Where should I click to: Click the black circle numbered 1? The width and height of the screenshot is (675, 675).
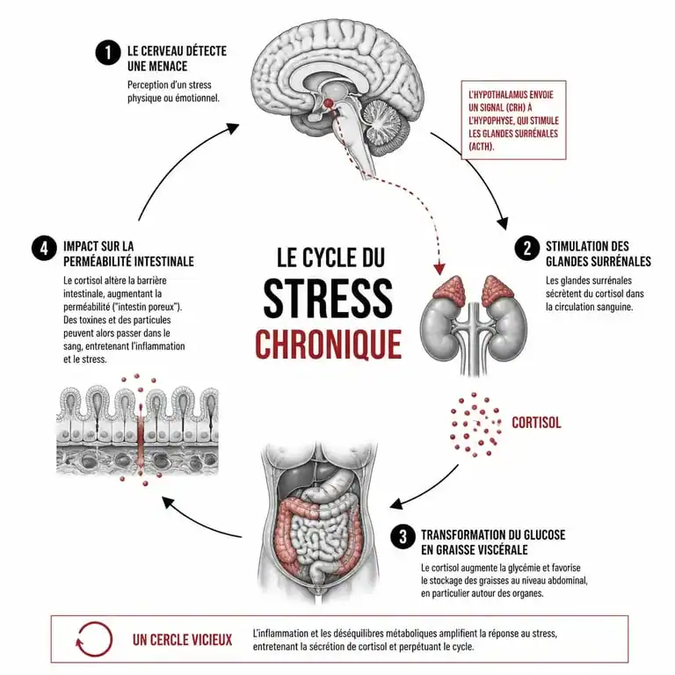(x=107, y=53)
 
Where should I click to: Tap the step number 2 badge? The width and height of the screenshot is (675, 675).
(x=527, y=249)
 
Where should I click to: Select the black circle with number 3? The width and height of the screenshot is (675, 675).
(x=403, y=537)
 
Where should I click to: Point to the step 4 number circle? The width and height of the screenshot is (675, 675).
(x=44, y=249)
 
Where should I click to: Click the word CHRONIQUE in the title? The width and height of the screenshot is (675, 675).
(x=329, y=344)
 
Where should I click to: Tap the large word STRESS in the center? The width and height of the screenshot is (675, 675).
(x=328, y=298)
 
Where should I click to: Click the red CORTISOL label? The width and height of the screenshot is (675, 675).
(x=536, y=423)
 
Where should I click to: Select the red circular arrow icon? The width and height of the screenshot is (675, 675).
(x=94, y=639)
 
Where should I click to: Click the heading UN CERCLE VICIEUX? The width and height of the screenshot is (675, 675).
(x=182, y=640)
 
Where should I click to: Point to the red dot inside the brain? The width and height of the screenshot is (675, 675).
(x=329, y=104)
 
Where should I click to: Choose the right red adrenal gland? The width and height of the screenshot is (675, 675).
(x=497, y=287)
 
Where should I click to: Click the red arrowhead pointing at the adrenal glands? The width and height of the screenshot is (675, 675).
(x=439, y=269)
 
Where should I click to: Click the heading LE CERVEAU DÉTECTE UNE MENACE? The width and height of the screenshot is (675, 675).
(x=177, y=59)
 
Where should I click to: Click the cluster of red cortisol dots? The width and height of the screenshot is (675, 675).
(x=475, y=424)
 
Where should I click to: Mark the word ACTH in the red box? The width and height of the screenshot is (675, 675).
(x=482, y=147)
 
